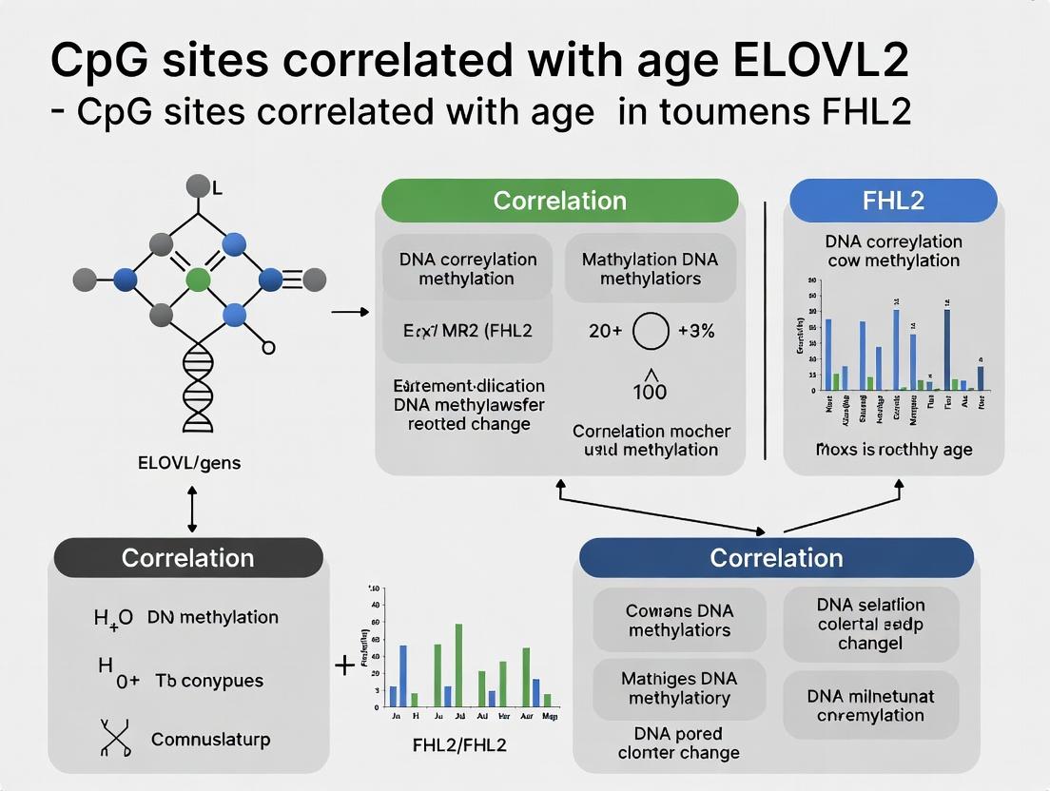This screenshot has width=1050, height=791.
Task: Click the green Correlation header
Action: pyautogui.click(x=559, y=201)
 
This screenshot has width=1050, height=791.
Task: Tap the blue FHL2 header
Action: pyautogui.click(x=893, y=201)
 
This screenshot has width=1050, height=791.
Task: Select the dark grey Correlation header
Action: pyautogui.click(x=187, y=558)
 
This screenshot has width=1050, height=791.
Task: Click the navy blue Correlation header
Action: pyautogui.click(x=776, y=558)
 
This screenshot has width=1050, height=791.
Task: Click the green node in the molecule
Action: pyautogui.click(x=198, y=280)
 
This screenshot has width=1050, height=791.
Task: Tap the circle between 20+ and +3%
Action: pyautogui.click(x=651, y=332)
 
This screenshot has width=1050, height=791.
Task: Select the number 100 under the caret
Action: pyautogui.click(x=650, y=392)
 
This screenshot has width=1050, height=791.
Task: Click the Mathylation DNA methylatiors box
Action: pyautogui.click(x=650, y=269)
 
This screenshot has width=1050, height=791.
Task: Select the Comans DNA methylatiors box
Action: pyautogui.click(x=679, y=620)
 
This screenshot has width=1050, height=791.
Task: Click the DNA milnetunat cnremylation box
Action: pyautogui.click(x=869, y=705)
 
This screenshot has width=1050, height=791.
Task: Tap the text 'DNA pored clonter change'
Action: pyautogui.click(x=678, y=743)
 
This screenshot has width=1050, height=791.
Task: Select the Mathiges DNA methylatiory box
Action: pyautogui.click(x=679, y=688)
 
